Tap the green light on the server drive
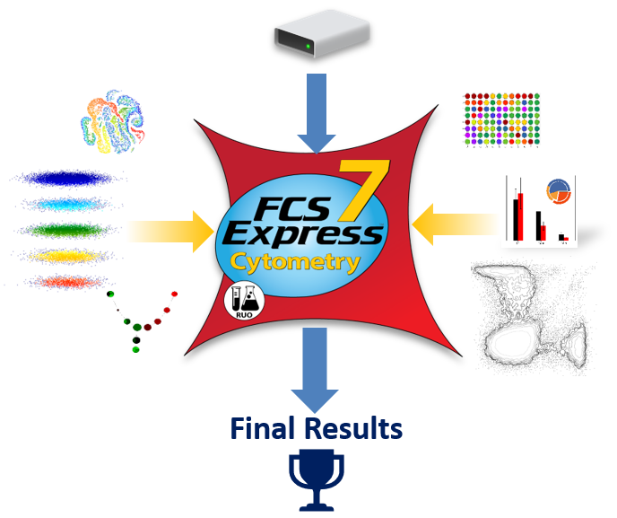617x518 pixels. click(x=308, y=46)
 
